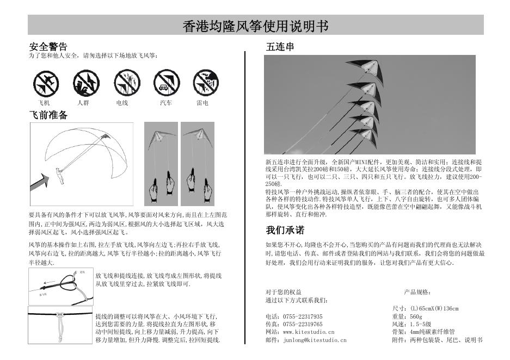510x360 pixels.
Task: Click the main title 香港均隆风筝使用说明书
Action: [255, 26]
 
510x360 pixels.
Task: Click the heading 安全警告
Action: [48, 47]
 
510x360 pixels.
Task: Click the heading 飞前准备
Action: [48, 115]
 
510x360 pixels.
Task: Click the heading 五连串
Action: [280, 47]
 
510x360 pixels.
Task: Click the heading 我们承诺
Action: [285, 229]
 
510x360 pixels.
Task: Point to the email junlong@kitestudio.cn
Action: [315, 340]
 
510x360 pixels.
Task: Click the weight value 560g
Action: [416, 316]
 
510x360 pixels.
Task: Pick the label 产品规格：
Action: [418, 292]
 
